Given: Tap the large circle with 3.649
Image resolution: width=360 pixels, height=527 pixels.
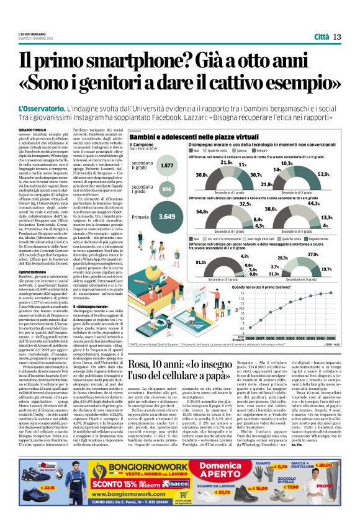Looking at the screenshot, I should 167,217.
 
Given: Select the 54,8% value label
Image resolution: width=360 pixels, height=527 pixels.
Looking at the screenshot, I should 202,212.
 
